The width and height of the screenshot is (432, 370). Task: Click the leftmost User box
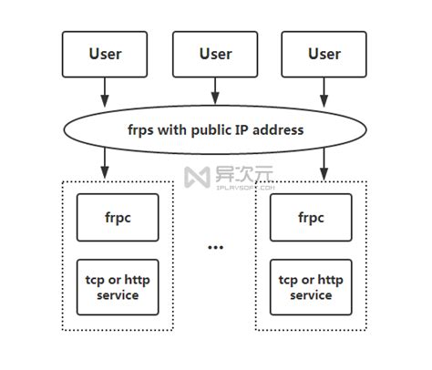point(105,54)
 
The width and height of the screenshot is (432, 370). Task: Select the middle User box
point(216,54)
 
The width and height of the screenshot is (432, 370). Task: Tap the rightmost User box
point(324,54)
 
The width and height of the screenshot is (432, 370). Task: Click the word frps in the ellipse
point(144,129)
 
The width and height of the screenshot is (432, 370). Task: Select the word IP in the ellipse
point(250,129)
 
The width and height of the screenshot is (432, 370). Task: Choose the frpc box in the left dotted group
point(117,218)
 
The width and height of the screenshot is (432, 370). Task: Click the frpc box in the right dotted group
point(311,218)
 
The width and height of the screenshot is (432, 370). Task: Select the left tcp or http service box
point(117,287)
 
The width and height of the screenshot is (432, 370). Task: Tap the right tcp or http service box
point(311,287)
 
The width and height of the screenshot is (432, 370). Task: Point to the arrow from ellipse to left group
point(105,165)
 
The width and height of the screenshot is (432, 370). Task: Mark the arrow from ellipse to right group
point(324,165)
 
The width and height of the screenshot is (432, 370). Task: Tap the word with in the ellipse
point(177,129)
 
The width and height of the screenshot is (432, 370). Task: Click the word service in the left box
point(117,295)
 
